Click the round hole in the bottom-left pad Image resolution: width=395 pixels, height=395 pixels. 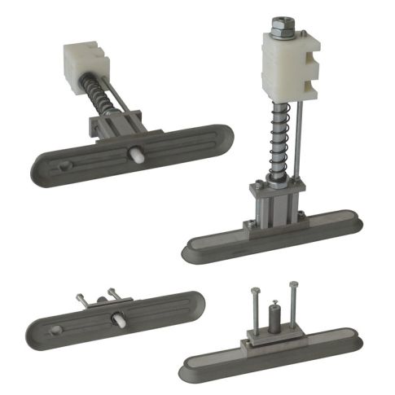click(x=55, y=330)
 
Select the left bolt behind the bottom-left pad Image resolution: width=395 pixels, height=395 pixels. click(x=82, y=299)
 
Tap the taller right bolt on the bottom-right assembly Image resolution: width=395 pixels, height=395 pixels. click(x=293, y=305)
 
